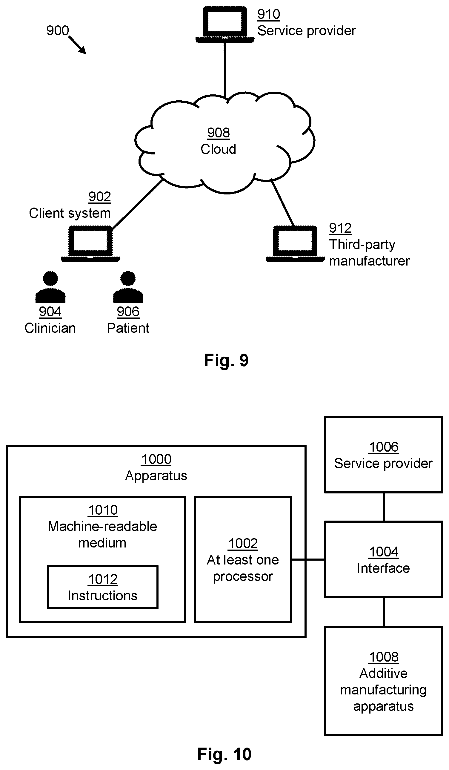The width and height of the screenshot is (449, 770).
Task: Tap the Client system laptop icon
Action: (x=90, y=244)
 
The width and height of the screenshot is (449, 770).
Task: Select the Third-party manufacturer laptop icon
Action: (x=295, y=244)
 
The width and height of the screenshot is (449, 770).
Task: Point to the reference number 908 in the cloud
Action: (x=219, y=133)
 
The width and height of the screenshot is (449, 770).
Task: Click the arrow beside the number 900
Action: (x=77, y=45)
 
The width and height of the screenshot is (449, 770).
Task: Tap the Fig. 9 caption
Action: (x=226, y=360)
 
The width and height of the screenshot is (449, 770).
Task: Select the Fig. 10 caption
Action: (x=224, y=754)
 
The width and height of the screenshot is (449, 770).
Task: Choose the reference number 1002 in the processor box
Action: (x=243, y=544)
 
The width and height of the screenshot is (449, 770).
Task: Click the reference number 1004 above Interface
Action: (x=384, y=552)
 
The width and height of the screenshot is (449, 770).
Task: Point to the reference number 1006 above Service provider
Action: (x=384, y=447)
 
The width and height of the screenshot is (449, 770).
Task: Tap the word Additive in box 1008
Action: (x=383, y=674)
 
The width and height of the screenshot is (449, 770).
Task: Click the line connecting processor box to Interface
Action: (x=308, y=559)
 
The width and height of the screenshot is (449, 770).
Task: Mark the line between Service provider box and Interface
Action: (x=384, y=507)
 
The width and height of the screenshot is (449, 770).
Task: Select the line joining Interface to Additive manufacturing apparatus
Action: (x=384, y=612)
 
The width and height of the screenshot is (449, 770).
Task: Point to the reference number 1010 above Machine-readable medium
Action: (x=103, y=510)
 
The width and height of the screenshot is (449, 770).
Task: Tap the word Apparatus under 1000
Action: (x=156, y=476)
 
